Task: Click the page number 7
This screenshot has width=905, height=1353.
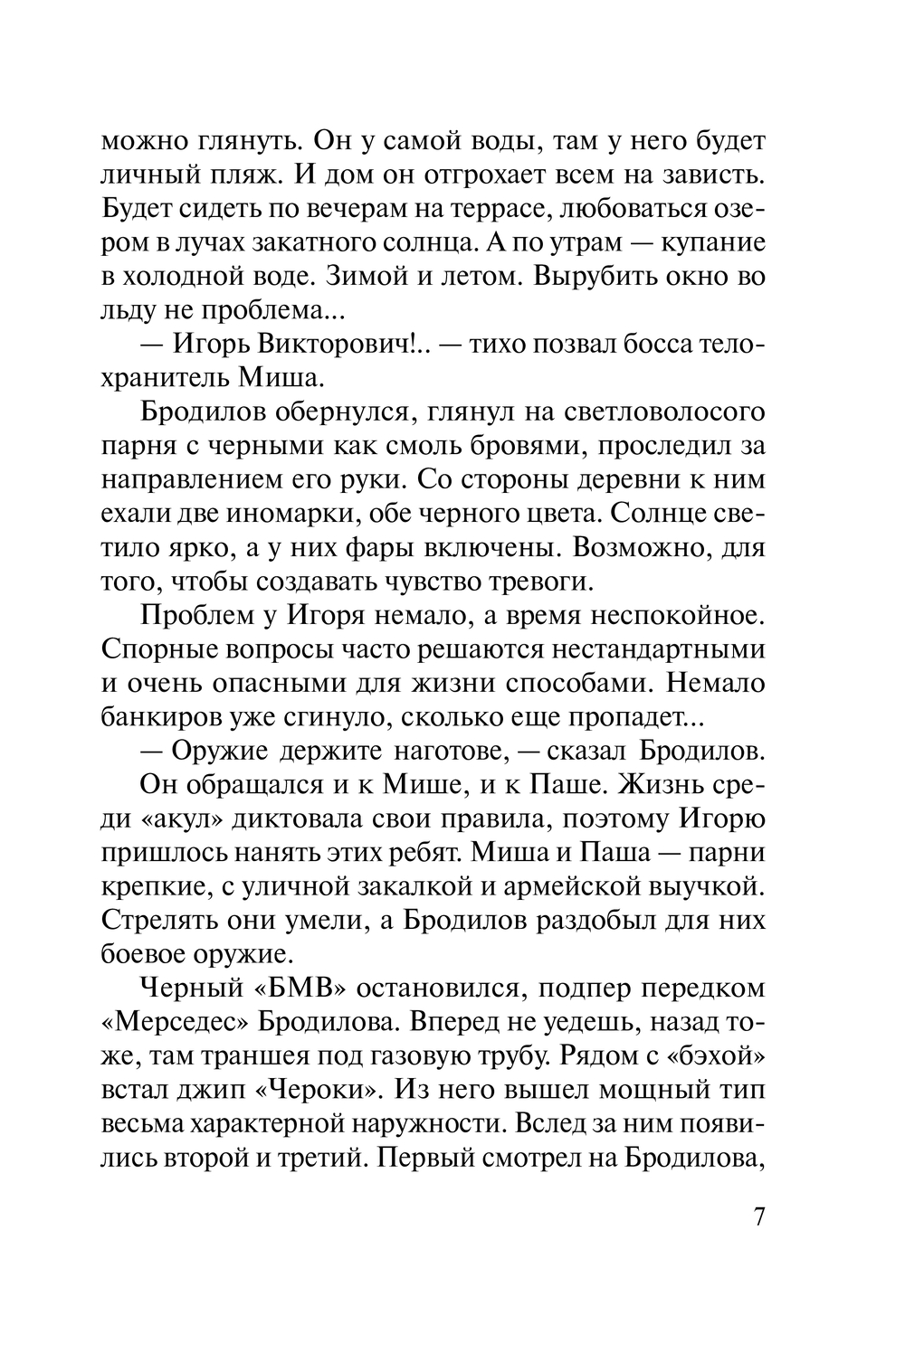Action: pos(758,1216)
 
